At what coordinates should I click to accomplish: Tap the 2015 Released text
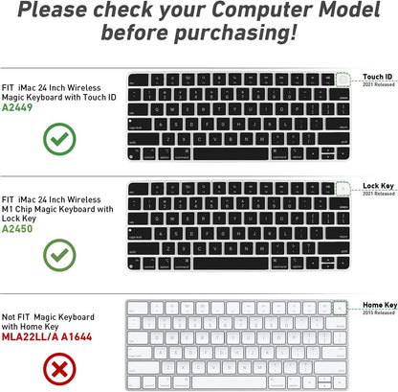pos(377,312)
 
